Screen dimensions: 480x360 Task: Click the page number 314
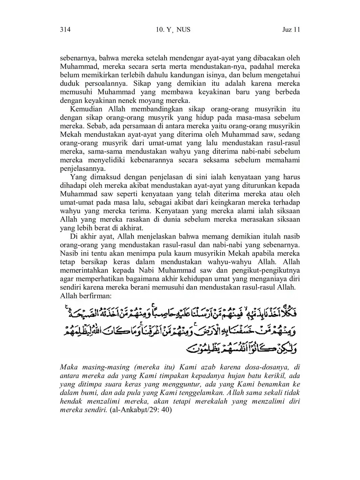pos(65,30)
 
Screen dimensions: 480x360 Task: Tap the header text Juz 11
pos(291,30)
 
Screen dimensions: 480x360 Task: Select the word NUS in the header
pos(184,30)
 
